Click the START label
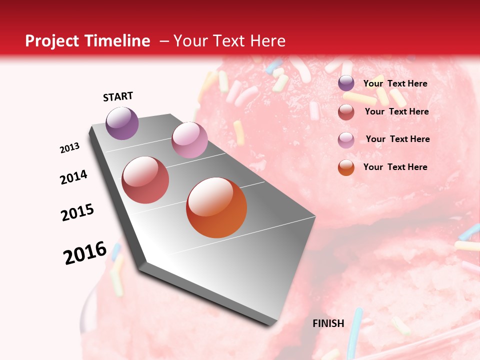point(118,96)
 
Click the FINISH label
point(328,323)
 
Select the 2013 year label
point(70,148)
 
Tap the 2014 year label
point(74,177)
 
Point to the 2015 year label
point(77,212)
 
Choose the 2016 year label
point(85,253)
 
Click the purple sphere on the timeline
point(122,123)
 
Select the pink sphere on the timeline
point(189,140)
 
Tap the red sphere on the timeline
point(145,180)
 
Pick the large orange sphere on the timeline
point(216,207)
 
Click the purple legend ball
point(346,83)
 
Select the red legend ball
point(346,112)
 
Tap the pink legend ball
point(346,140)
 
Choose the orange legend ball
point(346,167)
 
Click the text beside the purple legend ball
point(395,83)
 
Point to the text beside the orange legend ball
point(395,167)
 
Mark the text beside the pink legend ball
point(397,139)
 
